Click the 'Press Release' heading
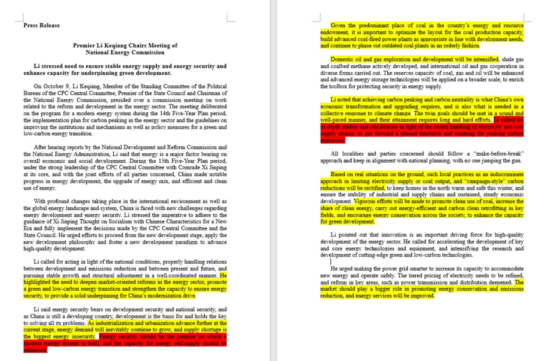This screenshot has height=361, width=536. click(41, 26)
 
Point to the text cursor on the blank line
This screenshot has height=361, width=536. click(331, 261)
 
